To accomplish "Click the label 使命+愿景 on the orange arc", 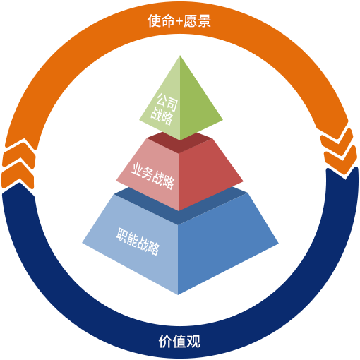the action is click(179, 21).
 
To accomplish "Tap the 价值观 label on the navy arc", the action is click(179, 342).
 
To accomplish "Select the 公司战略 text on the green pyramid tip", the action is click(164, 109).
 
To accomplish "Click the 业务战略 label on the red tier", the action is click(152, 176).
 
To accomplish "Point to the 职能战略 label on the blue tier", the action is click(138, 241).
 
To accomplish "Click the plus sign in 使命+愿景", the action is click(179, 21).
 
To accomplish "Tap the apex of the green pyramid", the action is click(180, 56).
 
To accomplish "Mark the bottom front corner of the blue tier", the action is click(178, 294).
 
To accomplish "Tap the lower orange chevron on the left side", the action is click(18, 174).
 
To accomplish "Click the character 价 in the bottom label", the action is click(165, 342).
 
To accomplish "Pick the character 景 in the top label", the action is click(204, 21).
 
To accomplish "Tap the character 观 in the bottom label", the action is click(193, 342).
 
